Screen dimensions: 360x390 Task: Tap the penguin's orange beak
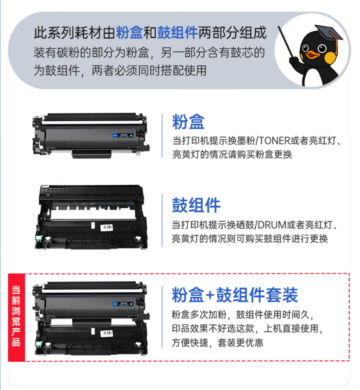[312, 54]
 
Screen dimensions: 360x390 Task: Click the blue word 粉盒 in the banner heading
[129, 32]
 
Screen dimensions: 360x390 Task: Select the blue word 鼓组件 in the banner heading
[177, 32]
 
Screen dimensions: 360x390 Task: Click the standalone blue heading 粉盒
[188, 122]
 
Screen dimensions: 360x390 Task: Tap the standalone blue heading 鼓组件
[196, 205]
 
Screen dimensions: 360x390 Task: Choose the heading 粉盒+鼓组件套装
[235, 295]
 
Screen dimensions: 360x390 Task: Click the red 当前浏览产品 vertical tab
[16, 318]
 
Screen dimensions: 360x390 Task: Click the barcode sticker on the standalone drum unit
[107, 227]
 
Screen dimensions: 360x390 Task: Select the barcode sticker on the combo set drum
[107, 333]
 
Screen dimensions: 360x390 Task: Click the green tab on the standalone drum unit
[39, 239]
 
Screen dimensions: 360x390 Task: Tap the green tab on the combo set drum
[39, 344]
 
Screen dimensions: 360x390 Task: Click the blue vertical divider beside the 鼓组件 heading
[162, 220]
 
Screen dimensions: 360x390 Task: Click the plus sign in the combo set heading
[210, 295]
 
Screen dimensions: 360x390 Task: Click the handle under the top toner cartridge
[91, 154]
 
